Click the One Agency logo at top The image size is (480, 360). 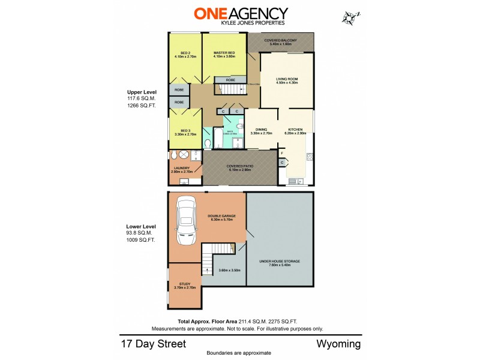[240, 14]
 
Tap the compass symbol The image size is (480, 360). [349, 18]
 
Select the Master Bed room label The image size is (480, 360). [224, 53]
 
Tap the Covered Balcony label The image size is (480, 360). [281, 41]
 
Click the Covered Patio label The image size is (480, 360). [238, 168]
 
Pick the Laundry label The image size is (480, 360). [181, 169]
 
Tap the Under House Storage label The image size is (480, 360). [280, 262]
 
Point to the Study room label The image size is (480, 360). [182, 286]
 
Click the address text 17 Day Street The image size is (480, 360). [153, 344]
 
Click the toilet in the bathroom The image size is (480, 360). [207, 143]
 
